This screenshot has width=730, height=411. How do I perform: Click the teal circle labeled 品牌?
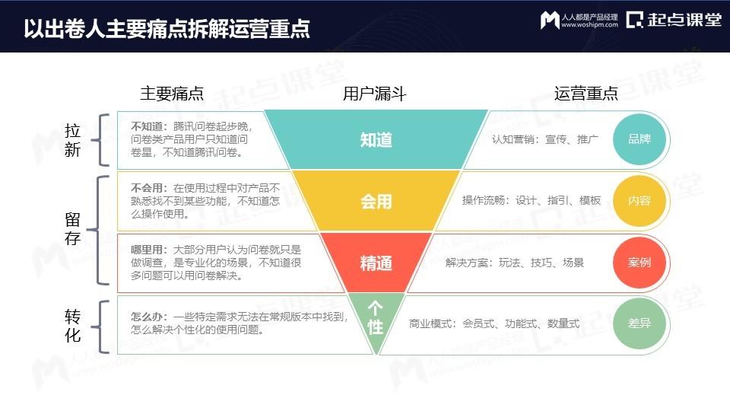click(x=640, y=139)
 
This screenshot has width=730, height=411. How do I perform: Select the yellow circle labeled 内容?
click(x=640, y=201)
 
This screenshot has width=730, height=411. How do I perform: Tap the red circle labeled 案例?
click(x=640, y=263)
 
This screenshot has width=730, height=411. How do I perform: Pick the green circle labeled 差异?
click(x=640, y=323)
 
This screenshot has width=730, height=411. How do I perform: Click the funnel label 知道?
click(x=376, y=140)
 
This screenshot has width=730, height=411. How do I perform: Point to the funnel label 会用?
click(x=376, y=202)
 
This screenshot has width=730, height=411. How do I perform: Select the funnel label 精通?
click(x=376, y=263)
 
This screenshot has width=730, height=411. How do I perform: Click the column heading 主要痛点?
click(x=173, y=94)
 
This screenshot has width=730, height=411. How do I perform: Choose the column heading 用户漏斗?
click(x=375, y=94)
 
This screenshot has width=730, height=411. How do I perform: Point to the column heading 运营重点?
click(x=586, y=94)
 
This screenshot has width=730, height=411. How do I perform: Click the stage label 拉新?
click(x=73, y=140)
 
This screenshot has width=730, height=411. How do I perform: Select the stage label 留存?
click(x=73, y=229)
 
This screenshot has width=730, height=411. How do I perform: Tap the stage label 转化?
click(x=73, y=326)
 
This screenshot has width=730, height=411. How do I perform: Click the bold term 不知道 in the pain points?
click(x=147, y=126)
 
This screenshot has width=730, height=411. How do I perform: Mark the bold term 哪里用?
click(x=147, y=250)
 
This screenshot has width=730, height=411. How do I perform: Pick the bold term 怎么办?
click(x=147, y=317)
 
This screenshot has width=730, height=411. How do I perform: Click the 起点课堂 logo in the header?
click(x=674, y=20)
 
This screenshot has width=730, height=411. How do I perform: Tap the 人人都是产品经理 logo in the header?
click(x=579, y=20)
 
